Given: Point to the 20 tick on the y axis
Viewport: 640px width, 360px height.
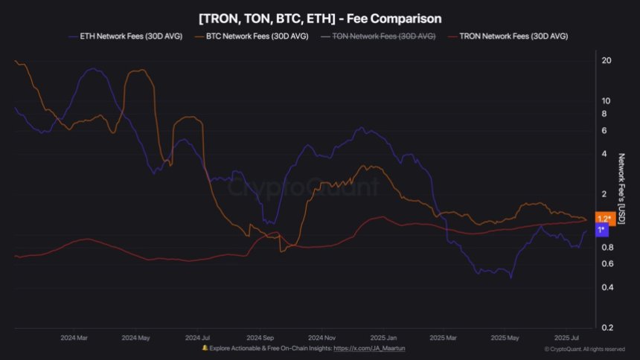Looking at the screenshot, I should point(607,60).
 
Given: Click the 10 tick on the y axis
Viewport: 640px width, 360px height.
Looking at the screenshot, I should point(607,100).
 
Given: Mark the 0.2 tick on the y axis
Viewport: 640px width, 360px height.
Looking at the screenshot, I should point(607,328).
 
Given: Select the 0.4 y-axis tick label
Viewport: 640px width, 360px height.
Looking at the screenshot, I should point(607,288).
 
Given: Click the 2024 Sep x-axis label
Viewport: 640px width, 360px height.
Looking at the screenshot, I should point(261,336).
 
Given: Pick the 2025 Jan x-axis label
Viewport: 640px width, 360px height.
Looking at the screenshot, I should point(383,336).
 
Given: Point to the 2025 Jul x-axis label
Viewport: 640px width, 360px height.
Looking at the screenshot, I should point(566,336).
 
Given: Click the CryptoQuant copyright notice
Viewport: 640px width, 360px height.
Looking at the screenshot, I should point(584,349).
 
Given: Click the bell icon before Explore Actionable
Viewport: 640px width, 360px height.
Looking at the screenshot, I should point(205,348).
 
